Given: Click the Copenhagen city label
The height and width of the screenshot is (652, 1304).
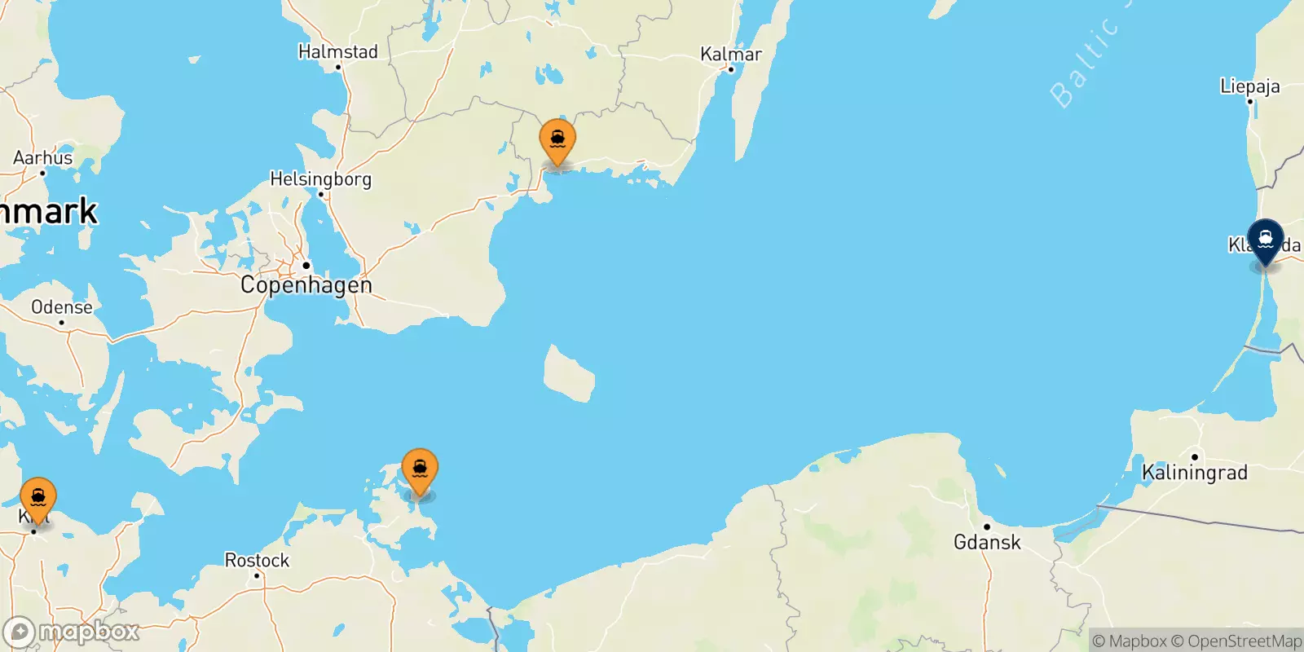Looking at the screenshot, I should click(306, 285).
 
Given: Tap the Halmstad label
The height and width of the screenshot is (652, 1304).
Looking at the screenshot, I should click(338, 51).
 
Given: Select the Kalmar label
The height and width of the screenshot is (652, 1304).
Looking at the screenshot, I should click(731, 54).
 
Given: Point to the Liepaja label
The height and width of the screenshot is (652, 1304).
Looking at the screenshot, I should click(1249, 86).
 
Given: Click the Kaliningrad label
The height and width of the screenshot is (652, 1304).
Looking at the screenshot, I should click(1194, 473).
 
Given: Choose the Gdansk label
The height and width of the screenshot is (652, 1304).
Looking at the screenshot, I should click(987, 542).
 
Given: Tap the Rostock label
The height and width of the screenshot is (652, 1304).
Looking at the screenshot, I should click(257, 561).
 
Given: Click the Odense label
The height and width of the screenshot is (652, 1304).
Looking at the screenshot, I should click(62, 307).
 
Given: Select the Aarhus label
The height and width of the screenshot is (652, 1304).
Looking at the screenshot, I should click(42, 158).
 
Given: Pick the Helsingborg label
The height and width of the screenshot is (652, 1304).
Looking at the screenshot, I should click(320, 179).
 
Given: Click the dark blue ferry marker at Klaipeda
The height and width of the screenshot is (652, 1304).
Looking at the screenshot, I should click(1265, 240).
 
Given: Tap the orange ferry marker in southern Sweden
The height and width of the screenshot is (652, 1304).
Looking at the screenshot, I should click(557, 141).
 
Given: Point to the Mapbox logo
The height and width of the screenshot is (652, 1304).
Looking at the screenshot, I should click(72, 632).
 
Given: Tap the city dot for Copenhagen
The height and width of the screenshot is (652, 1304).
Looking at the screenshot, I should click(306, 266).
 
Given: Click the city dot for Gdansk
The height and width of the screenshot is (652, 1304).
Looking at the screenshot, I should click(986, 526).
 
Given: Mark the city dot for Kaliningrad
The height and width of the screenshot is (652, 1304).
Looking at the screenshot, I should click(1194, 457).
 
